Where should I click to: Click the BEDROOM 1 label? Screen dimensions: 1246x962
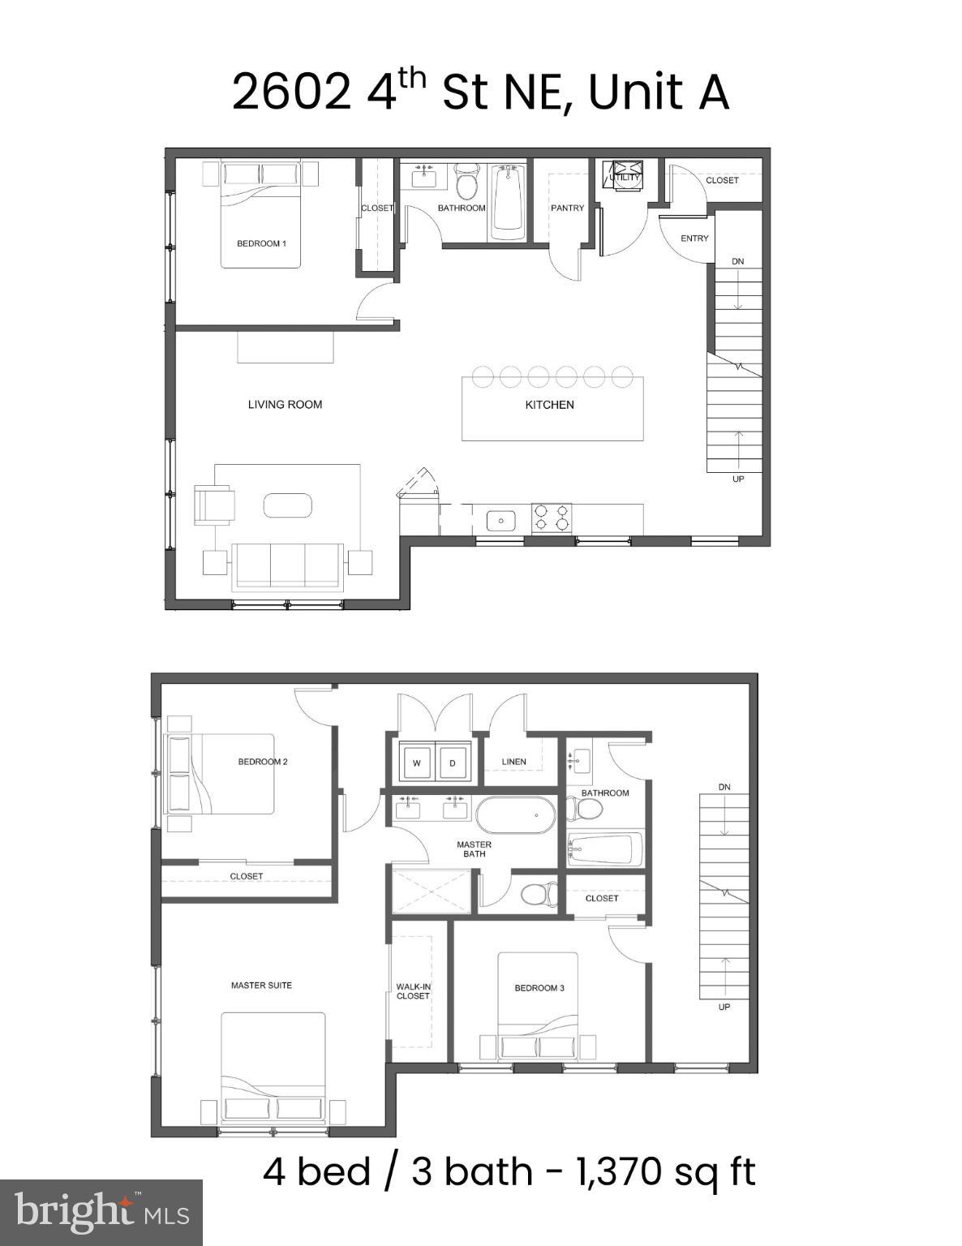pyautogui.click(x=261, y=243)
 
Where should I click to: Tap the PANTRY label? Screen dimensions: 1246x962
pyautogui.click(x=567, y=208)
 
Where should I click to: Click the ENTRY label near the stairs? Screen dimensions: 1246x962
pyautogui.click(x=694, y=238)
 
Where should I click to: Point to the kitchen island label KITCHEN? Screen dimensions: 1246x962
pyautogui.click(x=549, y=405)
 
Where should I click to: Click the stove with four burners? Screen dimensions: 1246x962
pyautogui.click(x=552, y=518)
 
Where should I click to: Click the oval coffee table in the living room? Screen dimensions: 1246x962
pyautogui.click(x=287, y=505)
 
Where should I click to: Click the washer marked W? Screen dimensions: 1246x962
pyautogui.click(x=417, y=763)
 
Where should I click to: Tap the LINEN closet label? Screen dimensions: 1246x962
pyautogui.click(x=513, y=762)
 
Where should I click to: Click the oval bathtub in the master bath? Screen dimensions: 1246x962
pyautogui.click(x=514, y=814)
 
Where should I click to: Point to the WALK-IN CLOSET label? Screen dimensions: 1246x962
pyautogui.click(x=413, y=991)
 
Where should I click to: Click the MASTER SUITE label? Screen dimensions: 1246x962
pyautogui.click(x=261, y=986)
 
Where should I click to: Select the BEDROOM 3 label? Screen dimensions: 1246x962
pyautogui.click(x=539, y=988)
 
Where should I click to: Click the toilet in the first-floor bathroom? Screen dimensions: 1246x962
pyautogui.click(x=466, y=183)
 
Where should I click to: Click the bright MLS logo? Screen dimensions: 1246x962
pyautogui.click(x=101, y=1213)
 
